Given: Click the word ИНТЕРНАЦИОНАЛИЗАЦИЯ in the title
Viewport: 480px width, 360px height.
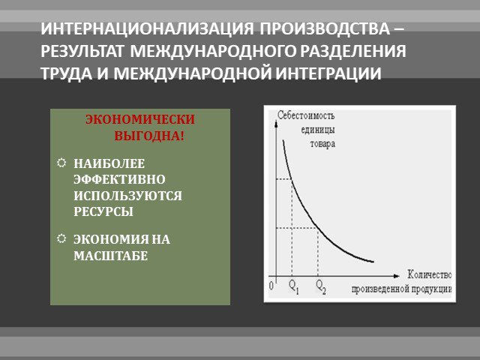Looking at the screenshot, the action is [x=147, y=28].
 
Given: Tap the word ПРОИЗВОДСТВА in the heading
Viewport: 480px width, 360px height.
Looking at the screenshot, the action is [x=325, y=28].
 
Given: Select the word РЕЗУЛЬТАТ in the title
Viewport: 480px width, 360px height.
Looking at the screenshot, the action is [x=82, y=51].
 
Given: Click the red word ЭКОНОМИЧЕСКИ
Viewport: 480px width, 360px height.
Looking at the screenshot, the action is [x=140, y=119].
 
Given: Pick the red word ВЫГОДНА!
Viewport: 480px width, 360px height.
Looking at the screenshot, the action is [x=150, y=136].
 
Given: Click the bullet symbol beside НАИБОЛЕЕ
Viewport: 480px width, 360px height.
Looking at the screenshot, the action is [x=61, y=163].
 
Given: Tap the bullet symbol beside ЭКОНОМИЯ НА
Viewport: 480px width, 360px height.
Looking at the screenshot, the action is [x=61, y=238].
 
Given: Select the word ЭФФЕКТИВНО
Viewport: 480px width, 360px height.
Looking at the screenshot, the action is [x=119, y=179].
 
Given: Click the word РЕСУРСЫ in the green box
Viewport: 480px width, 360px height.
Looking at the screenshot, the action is [x=103, y=211].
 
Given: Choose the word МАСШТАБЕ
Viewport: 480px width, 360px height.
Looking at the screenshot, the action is [x=110, y=256].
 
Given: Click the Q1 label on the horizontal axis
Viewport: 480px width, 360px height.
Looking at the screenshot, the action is [x=294, y=286].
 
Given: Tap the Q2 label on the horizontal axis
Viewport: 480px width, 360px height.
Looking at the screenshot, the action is [x=320, y=286].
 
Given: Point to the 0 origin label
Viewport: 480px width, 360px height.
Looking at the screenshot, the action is [x=271, y=286].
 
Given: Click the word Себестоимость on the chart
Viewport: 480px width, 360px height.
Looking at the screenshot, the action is [x=306, y=115].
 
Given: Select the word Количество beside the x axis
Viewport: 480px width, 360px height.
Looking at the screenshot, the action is [x=430, y=274].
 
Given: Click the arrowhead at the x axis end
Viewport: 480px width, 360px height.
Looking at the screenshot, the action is [x=397, y=276].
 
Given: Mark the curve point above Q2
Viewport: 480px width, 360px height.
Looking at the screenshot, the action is [x=318, y=228].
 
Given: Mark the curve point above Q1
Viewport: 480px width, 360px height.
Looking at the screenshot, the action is [x=292, y=179].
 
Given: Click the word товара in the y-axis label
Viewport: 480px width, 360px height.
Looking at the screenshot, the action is [x=322, y=144].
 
